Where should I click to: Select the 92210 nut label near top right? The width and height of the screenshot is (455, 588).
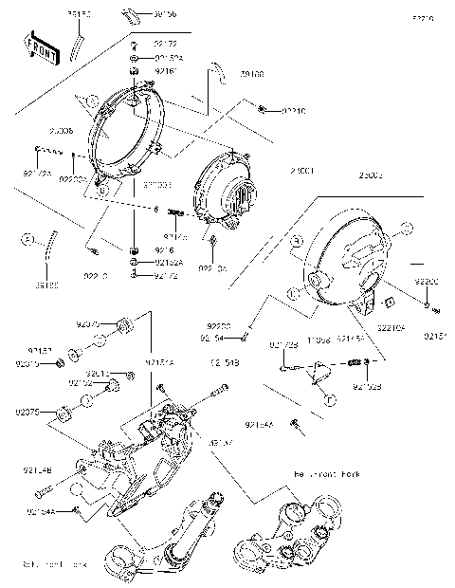click(x=294, y=111)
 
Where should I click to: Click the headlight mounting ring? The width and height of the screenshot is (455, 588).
click(x=127, y=138)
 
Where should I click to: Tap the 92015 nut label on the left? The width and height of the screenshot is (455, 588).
click(x=27, y=362)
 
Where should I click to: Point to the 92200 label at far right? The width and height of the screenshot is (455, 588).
click(x=427, y=283)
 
